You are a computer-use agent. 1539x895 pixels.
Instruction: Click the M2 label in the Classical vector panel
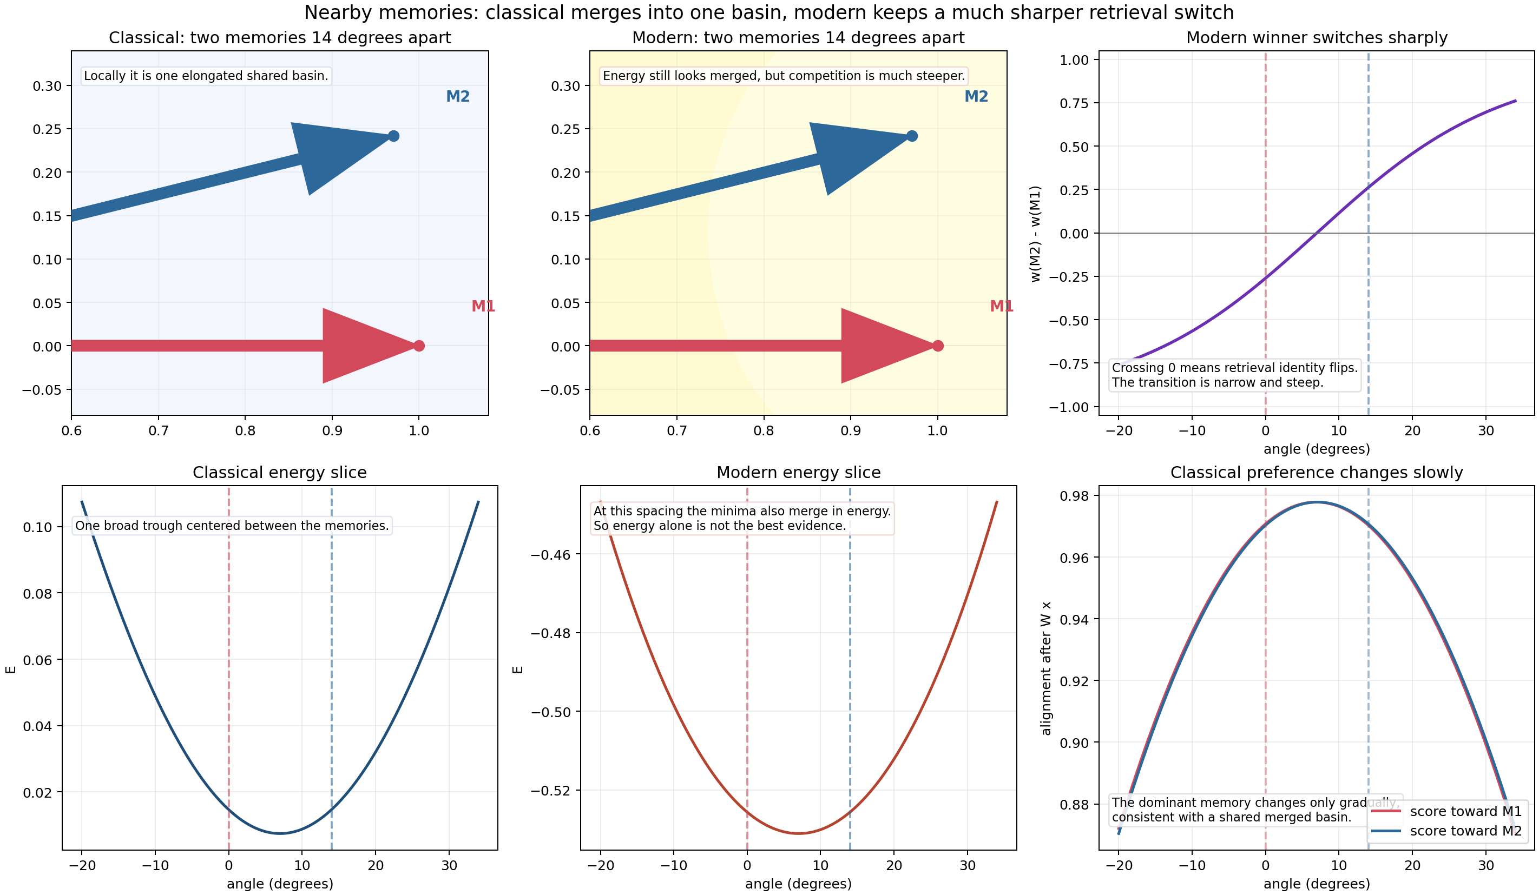[x=457, y=96]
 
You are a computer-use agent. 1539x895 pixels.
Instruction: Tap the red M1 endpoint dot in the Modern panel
[x=938, y=346]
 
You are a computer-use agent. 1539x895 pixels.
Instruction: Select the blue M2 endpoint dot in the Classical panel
[x=394, y=136]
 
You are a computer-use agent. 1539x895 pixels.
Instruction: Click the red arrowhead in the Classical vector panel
[x=360, y=346]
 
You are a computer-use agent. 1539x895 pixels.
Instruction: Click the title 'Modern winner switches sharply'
[x=1316, y=38]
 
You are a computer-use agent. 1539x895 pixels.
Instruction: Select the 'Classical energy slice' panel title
[x=280, y=473]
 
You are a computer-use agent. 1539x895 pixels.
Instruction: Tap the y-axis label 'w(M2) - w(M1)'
[x=1036, y=234]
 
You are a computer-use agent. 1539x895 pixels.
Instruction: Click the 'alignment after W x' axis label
[x=1046, y=668]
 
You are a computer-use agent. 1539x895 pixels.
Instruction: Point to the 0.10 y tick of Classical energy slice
[x=37, y=527]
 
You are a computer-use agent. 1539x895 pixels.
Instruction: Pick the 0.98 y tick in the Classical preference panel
[x=1074, y=496]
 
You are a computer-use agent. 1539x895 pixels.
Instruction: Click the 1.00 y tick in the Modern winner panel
[x=1074, y=60]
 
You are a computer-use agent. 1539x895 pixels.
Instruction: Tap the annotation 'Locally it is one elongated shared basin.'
[x=206, y=76]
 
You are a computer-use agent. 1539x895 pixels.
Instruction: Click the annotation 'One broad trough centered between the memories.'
[x=232, y=526]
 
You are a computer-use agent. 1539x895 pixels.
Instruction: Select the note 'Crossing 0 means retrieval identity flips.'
[x=1234, y=368]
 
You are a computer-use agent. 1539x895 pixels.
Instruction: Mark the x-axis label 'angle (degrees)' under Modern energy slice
[x=798, y=884]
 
